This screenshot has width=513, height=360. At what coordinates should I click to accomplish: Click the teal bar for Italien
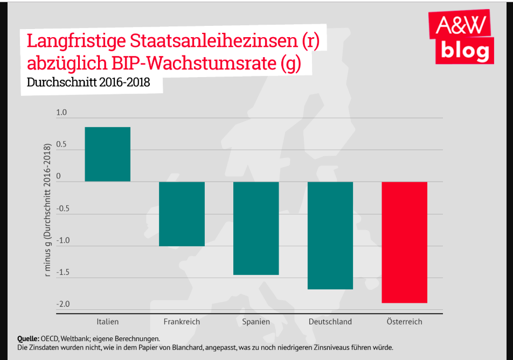[108, 154]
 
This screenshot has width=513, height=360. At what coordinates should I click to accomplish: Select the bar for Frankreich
[182, 213]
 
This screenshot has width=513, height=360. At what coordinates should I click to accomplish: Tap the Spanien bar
[256, 228]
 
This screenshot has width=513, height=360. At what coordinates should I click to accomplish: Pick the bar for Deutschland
[330, 236]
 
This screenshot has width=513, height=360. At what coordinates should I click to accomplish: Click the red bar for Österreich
[404, 242]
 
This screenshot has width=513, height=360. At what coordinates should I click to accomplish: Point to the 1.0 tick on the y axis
[61, 113]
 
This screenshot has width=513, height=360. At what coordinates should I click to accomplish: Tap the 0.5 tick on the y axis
[61, 145]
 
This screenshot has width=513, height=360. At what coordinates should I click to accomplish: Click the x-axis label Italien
[108, 322]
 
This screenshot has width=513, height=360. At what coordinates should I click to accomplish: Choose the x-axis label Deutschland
[330, 322]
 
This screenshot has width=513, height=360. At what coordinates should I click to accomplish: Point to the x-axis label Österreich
[404, 322]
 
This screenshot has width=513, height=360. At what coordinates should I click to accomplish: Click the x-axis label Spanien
[256, 322]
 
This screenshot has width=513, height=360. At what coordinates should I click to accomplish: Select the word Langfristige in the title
[78, 41]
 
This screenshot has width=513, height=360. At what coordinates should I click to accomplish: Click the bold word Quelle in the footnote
[28, 338]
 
